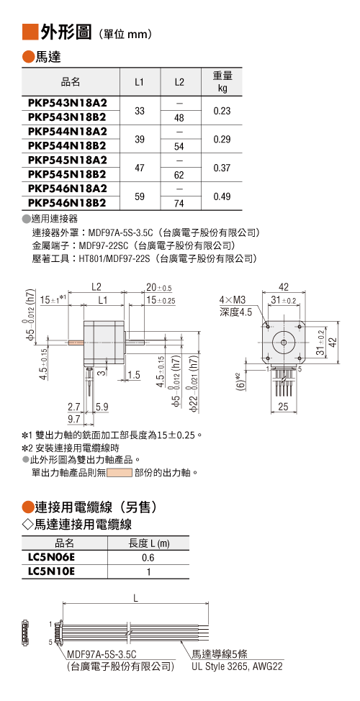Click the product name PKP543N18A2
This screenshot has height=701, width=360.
point(68,103)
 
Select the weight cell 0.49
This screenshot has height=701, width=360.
point(222,196)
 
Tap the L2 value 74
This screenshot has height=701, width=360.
point(179,204)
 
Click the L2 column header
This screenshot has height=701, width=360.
point(179,82)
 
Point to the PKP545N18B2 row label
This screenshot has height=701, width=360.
point(68,174)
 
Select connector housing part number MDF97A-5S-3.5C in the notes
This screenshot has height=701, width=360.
point(121,233)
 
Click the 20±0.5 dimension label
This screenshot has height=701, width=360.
point(159,287)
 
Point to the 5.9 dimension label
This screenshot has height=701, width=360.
point(102,407)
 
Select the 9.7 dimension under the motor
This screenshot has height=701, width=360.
point(73,420)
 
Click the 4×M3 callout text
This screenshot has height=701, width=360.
point(233,299)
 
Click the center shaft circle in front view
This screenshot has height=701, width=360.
point(284,343)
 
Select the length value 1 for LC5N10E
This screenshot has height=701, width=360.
point(148,571)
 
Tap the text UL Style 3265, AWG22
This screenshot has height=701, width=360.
point(237,667)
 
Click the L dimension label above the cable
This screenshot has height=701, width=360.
point(136,598)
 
